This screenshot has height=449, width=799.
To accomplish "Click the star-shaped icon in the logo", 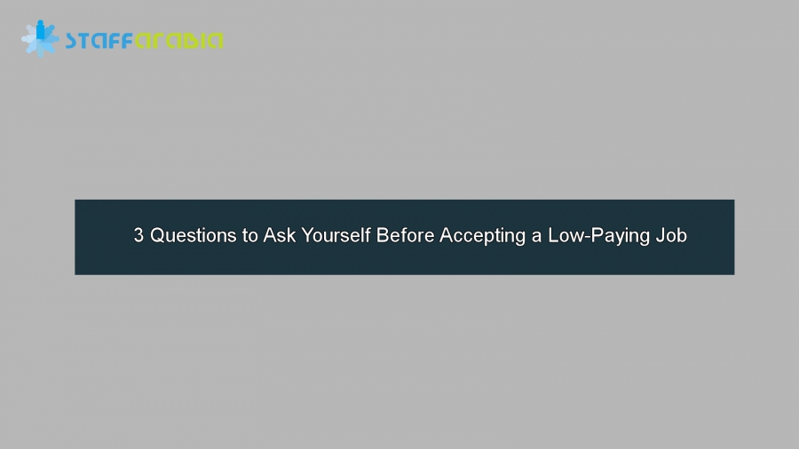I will (x=40, y=39).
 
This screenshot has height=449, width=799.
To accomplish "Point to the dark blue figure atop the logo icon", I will (x=41, y=29).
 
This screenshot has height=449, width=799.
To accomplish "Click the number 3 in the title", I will (x=138, y=236).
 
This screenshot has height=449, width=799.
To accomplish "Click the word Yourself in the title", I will (x=336, y=236).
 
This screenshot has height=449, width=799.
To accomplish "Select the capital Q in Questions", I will (x=157, y=236).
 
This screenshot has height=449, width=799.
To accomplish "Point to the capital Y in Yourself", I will (x=306, y=236).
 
